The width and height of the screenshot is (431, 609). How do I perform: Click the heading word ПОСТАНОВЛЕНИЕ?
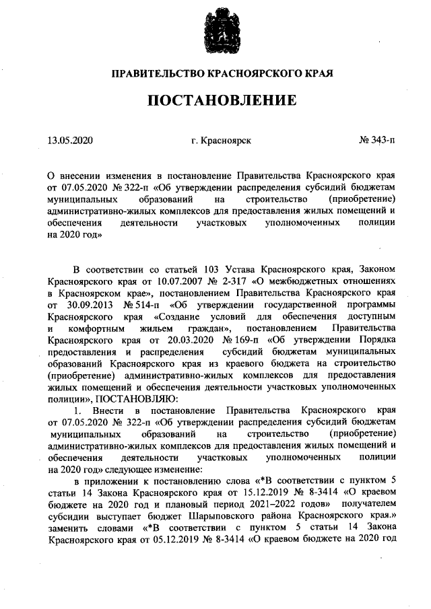[x=222, y=101]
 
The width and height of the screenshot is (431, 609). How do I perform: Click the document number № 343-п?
[x=378, y=141]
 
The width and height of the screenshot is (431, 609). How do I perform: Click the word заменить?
[x=68, y=531]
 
